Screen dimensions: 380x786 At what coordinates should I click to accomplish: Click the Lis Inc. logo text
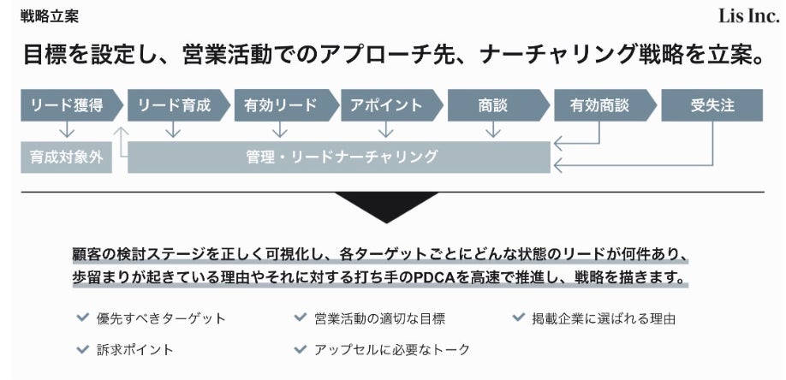click(749, 16)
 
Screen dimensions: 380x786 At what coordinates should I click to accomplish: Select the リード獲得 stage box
click(66, 105)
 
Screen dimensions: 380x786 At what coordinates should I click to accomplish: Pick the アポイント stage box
click(386, 105)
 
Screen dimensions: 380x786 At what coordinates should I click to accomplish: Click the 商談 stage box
click(492, 105)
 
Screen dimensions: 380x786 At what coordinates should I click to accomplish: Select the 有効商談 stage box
click(599, 105)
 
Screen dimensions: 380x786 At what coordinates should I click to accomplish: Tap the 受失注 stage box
click(711, 105)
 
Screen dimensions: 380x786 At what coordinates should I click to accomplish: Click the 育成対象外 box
click(66, 157)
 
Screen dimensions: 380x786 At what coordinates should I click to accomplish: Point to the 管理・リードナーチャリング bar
click(339, 157)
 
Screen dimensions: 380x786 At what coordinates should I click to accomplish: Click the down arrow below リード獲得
click(66, 130)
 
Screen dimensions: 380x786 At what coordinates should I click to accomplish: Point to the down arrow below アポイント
click(386, 130)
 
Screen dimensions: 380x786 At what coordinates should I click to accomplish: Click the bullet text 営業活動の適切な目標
click(379, 318)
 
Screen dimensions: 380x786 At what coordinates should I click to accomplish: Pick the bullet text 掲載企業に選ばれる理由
click(604, 318)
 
